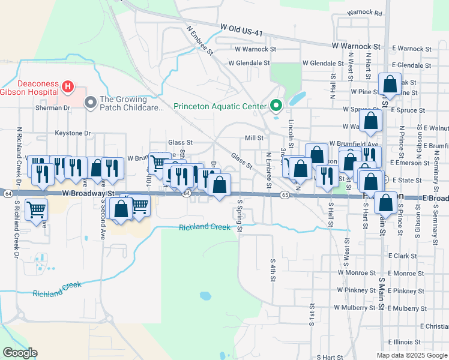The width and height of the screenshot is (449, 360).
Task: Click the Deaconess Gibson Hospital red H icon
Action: click(67, 87)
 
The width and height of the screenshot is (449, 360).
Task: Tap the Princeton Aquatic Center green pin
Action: click(276, 106)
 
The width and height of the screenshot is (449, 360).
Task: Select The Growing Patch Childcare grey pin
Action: click(91, 103)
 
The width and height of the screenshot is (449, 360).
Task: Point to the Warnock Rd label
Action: click(364, 13)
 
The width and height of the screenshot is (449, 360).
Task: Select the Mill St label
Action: click(254, 138)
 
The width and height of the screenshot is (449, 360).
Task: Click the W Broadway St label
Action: click(88, 194)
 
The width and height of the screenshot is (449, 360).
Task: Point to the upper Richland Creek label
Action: click(204, 227)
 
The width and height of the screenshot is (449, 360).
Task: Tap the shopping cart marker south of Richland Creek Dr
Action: click(37, 210)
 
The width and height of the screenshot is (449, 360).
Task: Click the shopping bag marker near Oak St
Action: click(390, 85)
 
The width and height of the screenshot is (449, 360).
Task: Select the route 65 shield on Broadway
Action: click(285, 195)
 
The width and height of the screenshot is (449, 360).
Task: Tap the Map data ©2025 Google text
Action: click(411, 355)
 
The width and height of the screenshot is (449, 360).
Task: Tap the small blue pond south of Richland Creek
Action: click(205, 296)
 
